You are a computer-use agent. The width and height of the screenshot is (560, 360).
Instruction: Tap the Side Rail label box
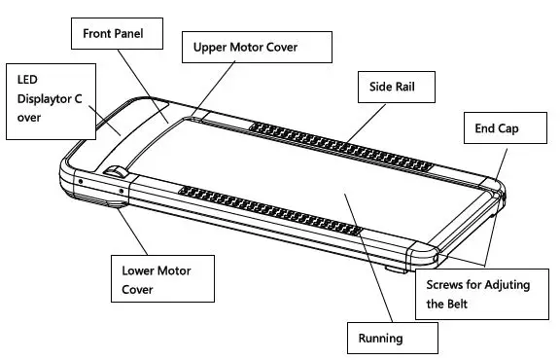tap(395, 87)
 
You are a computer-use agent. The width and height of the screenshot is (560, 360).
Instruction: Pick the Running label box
tap(392, 338)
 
